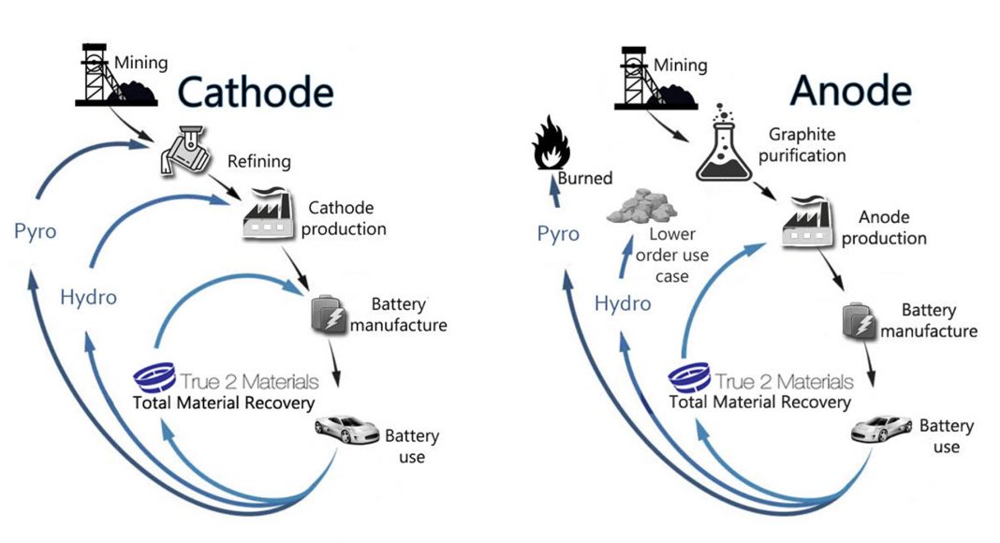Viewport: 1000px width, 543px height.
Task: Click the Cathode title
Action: [x=255, y=92]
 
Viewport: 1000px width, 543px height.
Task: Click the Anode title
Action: [x=851, y=90]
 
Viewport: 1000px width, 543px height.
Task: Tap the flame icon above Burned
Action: [x=551, y=142]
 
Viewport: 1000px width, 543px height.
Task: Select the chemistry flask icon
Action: [x=724, y=142]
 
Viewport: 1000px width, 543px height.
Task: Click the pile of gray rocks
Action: [x=641, y=206]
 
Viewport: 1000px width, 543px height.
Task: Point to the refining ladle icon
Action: [x=185, y=151]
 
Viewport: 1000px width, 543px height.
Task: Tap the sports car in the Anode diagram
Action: [x=882, y=428]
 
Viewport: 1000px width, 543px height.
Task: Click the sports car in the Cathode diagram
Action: [x=347, y=429]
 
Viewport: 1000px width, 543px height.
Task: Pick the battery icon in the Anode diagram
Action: [x=859, y=321]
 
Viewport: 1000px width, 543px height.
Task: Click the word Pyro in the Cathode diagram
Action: [x=35, y=231]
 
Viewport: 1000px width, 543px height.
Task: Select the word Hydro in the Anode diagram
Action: [x=623, y=303]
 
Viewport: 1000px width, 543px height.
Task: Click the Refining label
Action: [x=259, y=161]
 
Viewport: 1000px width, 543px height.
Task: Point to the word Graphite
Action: [x=801, y=135]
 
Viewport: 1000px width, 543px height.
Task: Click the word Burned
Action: [x=585, y=178]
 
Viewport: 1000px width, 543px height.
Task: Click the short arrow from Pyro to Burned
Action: [x=555, y=192]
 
